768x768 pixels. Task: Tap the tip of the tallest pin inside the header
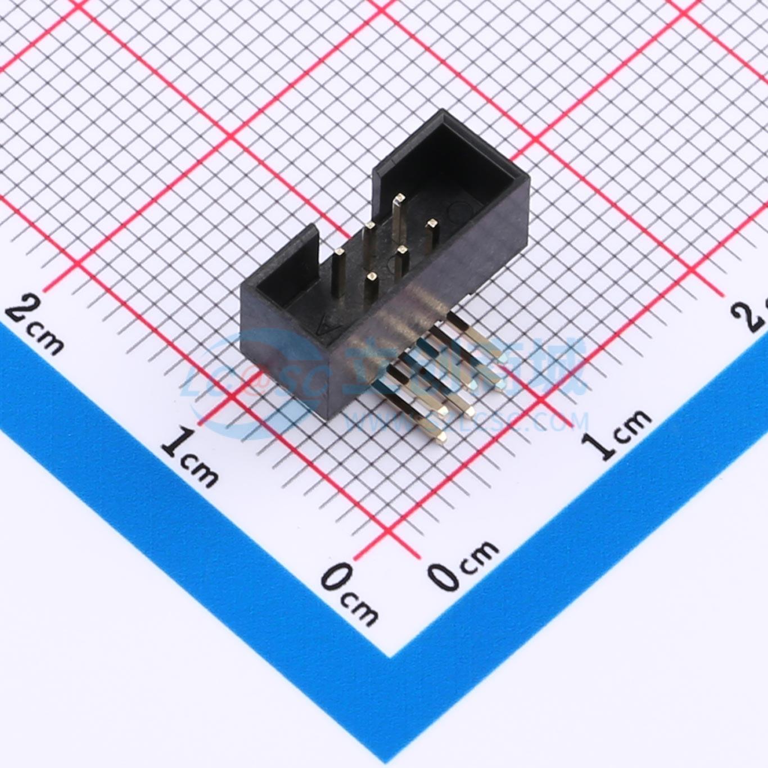(x=399, y=198)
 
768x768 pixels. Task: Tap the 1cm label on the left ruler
(x=189, y=458)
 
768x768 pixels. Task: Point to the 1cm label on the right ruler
(x=616, y=433)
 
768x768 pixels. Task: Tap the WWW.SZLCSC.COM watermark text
(x=467, y=422)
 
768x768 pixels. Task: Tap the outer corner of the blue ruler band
(x=390, y=657)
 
